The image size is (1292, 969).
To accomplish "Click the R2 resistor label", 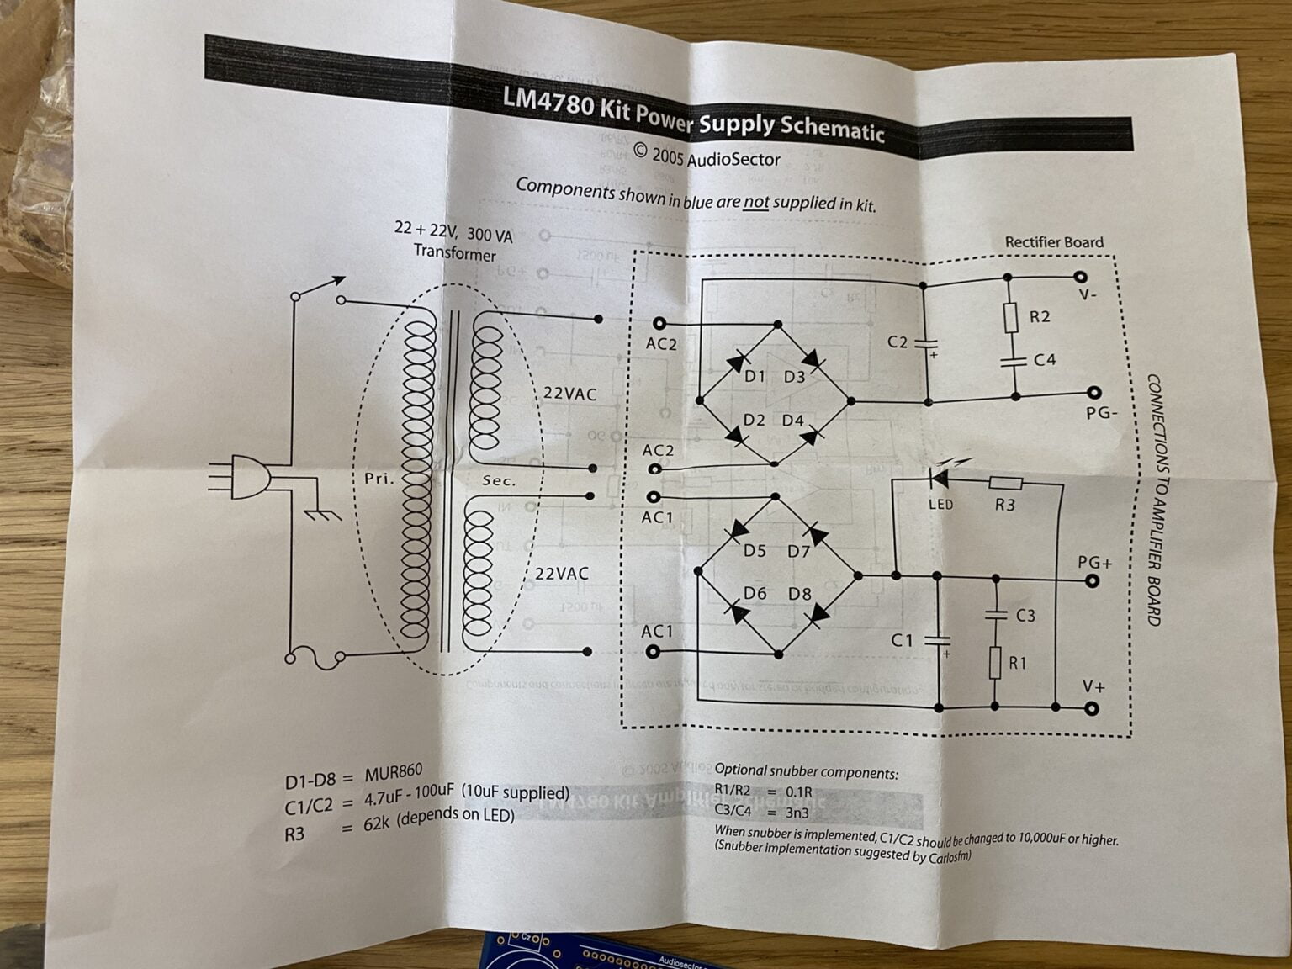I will coord(1040,317).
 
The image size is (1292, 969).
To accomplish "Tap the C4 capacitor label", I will coord(1044,360).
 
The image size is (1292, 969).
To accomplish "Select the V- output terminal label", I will coord(1088,295).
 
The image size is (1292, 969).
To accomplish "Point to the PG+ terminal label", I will coord(1094,562).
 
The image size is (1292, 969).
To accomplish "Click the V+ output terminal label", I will coord(1093,686).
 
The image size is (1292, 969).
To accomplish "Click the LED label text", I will coord(940,505).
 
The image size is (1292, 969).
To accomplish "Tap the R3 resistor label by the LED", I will coord(1004,505).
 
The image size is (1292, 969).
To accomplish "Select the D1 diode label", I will coord(755,377).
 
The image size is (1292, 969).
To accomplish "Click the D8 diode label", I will coord(799,594).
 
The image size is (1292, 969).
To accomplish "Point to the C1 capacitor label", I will coord(902,641).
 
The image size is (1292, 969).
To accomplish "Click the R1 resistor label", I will coord(1018,663).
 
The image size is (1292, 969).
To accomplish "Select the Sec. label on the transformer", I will coord(498,481).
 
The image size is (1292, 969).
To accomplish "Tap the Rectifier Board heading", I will coord(1054,242).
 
